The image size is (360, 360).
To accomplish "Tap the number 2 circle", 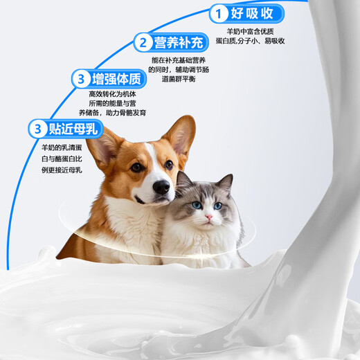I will click(143, 44).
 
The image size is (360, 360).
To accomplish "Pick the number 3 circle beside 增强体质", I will click(82, 78).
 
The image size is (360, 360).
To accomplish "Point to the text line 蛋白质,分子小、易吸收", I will click(256, 41).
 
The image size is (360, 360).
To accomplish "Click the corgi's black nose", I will click(161, 187).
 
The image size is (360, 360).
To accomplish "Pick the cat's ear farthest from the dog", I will click(226, 183).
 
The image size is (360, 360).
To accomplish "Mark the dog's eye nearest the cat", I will click(168, 165).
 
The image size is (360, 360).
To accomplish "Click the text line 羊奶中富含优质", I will click(256, 31).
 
